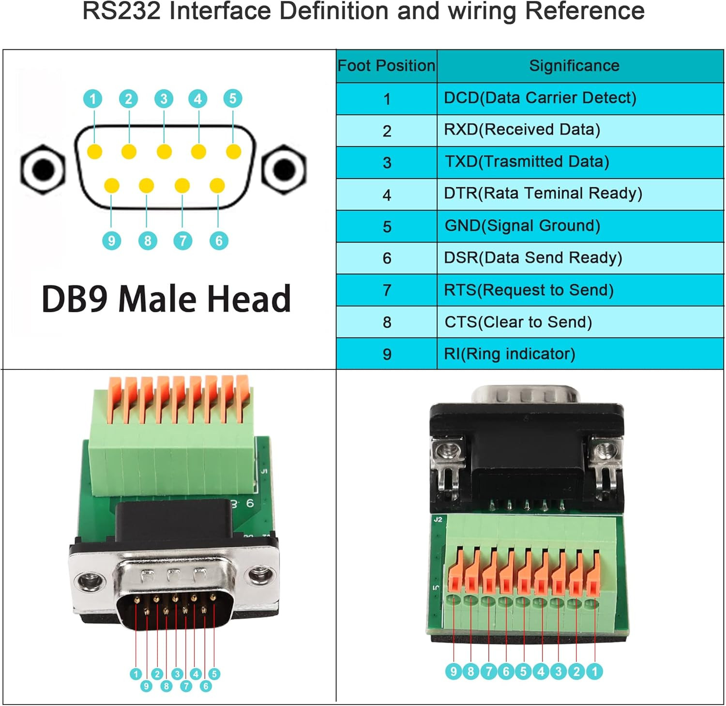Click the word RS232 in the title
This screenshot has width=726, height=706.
121,11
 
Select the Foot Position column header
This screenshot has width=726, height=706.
386,65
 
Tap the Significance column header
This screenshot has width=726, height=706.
574,65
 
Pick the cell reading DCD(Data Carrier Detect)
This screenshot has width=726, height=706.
540,98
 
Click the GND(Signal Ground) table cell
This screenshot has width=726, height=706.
522,226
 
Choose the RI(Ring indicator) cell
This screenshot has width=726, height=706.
510,354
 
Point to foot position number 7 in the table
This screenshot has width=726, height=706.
387,290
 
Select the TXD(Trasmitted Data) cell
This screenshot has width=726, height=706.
527,162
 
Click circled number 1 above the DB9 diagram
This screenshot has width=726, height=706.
93,99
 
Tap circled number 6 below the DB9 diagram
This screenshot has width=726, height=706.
219,241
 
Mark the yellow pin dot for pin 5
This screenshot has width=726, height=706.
233,152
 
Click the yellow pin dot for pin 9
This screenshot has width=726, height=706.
111,185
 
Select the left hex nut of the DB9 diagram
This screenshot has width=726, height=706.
43,169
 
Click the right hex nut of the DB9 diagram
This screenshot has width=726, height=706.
284,169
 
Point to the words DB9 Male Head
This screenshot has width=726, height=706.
166,299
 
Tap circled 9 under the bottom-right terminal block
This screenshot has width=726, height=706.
454,671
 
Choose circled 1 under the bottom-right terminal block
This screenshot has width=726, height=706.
594,671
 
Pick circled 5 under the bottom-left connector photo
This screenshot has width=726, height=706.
214,674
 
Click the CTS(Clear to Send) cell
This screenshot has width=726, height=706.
518,322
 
